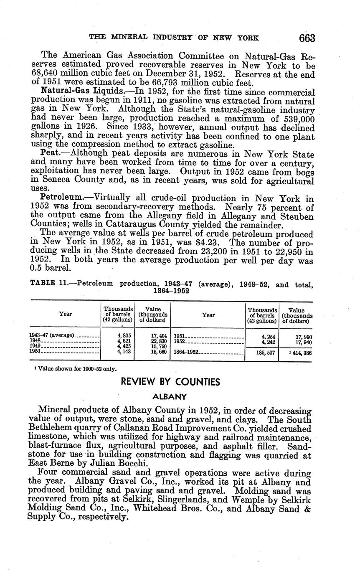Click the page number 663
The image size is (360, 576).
(x=307, y=38)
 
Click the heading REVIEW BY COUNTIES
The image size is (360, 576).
(x=170, y=381)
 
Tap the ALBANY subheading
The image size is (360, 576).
(x=170, y=396)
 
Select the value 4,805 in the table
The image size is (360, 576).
(x=124, y=335)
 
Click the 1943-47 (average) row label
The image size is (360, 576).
(x=52, y=335)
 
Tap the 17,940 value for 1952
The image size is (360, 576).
(x=303, y=343)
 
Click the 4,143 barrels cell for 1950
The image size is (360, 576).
(x=124, y=351)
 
